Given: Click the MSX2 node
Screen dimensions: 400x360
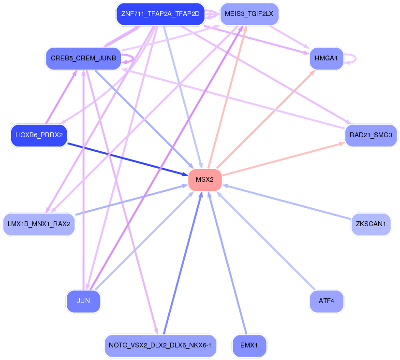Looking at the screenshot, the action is point(205,180).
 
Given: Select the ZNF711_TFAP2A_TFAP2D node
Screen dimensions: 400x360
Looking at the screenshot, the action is point(160,14).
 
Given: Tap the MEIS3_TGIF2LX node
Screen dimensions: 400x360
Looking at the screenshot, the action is point(249,14).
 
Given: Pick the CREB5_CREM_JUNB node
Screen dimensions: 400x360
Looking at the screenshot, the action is point(83,58).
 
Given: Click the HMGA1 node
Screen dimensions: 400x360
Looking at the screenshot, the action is point(326,58).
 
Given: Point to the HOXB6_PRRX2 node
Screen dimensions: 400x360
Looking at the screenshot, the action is point(39,135).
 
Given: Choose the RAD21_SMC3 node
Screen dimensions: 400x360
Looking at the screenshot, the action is point(370,135).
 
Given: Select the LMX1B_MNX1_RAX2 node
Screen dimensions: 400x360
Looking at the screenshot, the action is point(39,224).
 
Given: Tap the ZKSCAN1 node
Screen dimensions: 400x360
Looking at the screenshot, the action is point(370,224).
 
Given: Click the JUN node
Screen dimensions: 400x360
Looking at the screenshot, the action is point(83,301).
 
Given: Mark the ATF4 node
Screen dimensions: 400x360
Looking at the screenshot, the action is point(326,301).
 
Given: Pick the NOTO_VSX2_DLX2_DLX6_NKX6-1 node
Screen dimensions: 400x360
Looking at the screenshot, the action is point(160,346).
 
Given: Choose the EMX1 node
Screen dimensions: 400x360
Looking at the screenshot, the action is point(249,346).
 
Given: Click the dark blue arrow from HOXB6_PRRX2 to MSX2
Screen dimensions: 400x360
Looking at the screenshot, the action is point(128,159).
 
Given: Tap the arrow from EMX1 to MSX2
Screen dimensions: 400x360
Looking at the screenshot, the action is point(227,263).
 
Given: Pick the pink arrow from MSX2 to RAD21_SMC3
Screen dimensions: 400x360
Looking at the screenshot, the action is point(283,159).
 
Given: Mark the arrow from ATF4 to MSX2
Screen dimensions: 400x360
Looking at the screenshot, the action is point(266,241).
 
